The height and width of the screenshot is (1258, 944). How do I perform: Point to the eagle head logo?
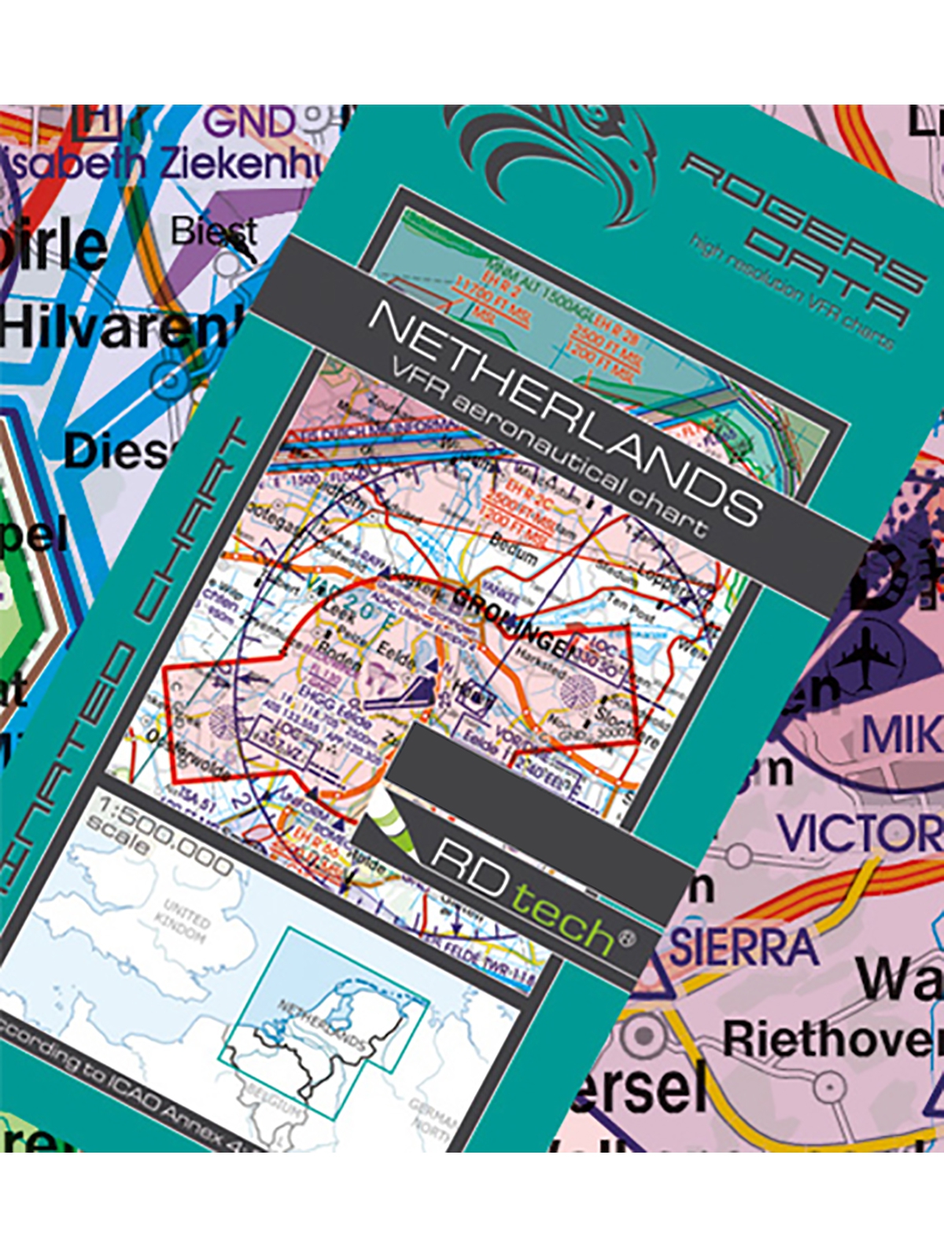551,157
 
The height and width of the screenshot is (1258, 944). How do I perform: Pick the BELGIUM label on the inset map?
276,1098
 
